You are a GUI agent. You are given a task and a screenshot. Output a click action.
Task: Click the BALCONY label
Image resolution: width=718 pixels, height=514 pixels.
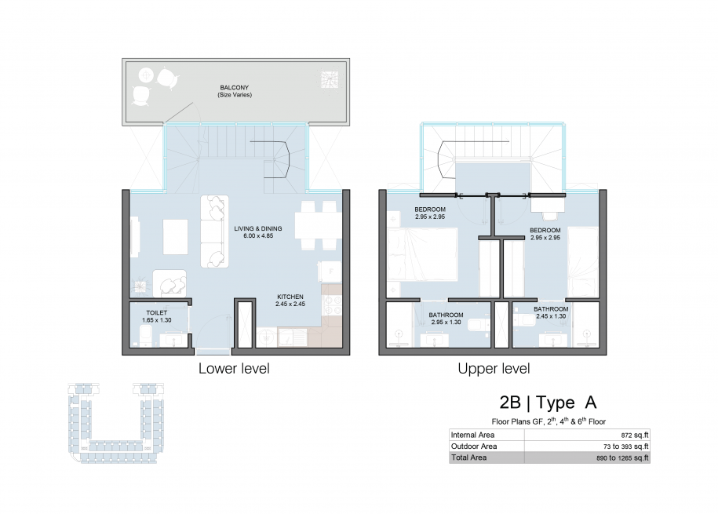click(234, 88)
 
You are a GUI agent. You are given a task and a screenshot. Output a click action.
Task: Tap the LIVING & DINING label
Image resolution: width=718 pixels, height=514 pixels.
click(258, 228)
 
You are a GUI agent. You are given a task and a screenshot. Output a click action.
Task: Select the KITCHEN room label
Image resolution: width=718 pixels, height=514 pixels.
click(290, 297)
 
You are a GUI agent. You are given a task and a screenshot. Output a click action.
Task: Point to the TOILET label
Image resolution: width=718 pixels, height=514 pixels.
click(157, 313)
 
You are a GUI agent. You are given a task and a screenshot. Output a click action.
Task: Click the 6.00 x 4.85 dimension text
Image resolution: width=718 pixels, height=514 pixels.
click(258, 236)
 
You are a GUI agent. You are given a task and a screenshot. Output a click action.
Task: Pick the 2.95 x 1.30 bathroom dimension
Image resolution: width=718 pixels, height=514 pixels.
click(446, 322)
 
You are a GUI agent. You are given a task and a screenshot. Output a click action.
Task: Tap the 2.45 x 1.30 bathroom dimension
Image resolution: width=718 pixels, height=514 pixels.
click(551, 316)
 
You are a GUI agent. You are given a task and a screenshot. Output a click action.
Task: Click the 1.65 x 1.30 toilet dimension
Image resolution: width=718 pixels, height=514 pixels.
click(157, 320)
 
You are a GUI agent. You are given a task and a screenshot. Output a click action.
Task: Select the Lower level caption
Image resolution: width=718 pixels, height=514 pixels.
click(234, 369)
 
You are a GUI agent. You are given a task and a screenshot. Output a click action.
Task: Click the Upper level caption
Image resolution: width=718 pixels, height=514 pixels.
click(494, 369)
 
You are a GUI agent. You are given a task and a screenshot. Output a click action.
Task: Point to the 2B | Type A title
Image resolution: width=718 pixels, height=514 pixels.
click(548, 403)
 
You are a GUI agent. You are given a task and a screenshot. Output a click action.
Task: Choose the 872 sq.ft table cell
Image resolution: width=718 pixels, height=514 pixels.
click(635, 436)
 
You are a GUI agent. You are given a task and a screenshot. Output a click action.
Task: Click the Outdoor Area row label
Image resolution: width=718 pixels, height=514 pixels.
click(474, 447)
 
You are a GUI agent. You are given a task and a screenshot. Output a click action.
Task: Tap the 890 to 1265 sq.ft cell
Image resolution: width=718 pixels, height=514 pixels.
click(622, 457)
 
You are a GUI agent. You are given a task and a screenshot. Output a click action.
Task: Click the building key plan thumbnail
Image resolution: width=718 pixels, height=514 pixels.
click(116, 423)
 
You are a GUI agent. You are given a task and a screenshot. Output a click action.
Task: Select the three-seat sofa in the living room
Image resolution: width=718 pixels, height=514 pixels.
click(214, 231)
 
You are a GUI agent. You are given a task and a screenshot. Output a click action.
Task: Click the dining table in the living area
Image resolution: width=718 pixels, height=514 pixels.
click(317, 225)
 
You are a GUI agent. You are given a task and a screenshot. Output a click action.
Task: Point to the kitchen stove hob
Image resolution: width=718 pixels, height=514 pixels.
click(332, 305)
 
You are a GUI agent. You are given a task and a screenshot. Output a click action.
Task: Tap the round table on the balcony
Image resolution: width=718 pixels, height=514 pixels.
click(146, 75)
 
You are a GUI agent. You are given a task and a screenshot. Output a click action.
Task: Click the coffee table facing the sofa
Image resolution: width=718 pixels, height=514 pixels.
click(175, 237)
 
